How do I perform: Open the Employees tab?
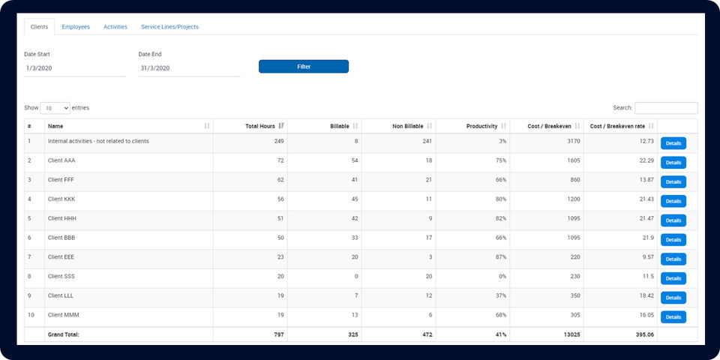point(76,27)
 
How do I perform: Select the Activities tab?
point(115,27)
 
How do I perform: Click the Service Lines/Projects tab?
point(169,27)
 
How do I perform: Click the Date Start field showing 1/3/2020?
point(75,68)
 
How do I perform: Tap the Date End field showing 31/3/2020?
point(189,68)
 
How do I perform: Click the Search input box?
point(666,108)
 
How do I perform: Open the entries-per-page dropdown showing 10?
point(55,108)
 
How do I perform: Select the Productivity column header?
point(483,126)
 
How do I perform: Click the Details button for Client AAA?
point(673,163)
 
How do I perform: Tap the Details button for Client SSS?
point(673,278)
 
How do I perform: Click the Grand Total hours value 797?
point(277,334)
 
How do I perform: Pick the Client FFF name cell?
point(61,180)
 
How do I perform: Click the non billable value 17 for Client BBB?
point(427,238)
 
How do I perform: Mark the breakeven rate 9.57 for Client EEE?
point(646,257)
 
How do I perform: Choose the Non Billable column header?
point(408,126)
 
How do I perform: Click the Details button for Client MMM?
point(673,317)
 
